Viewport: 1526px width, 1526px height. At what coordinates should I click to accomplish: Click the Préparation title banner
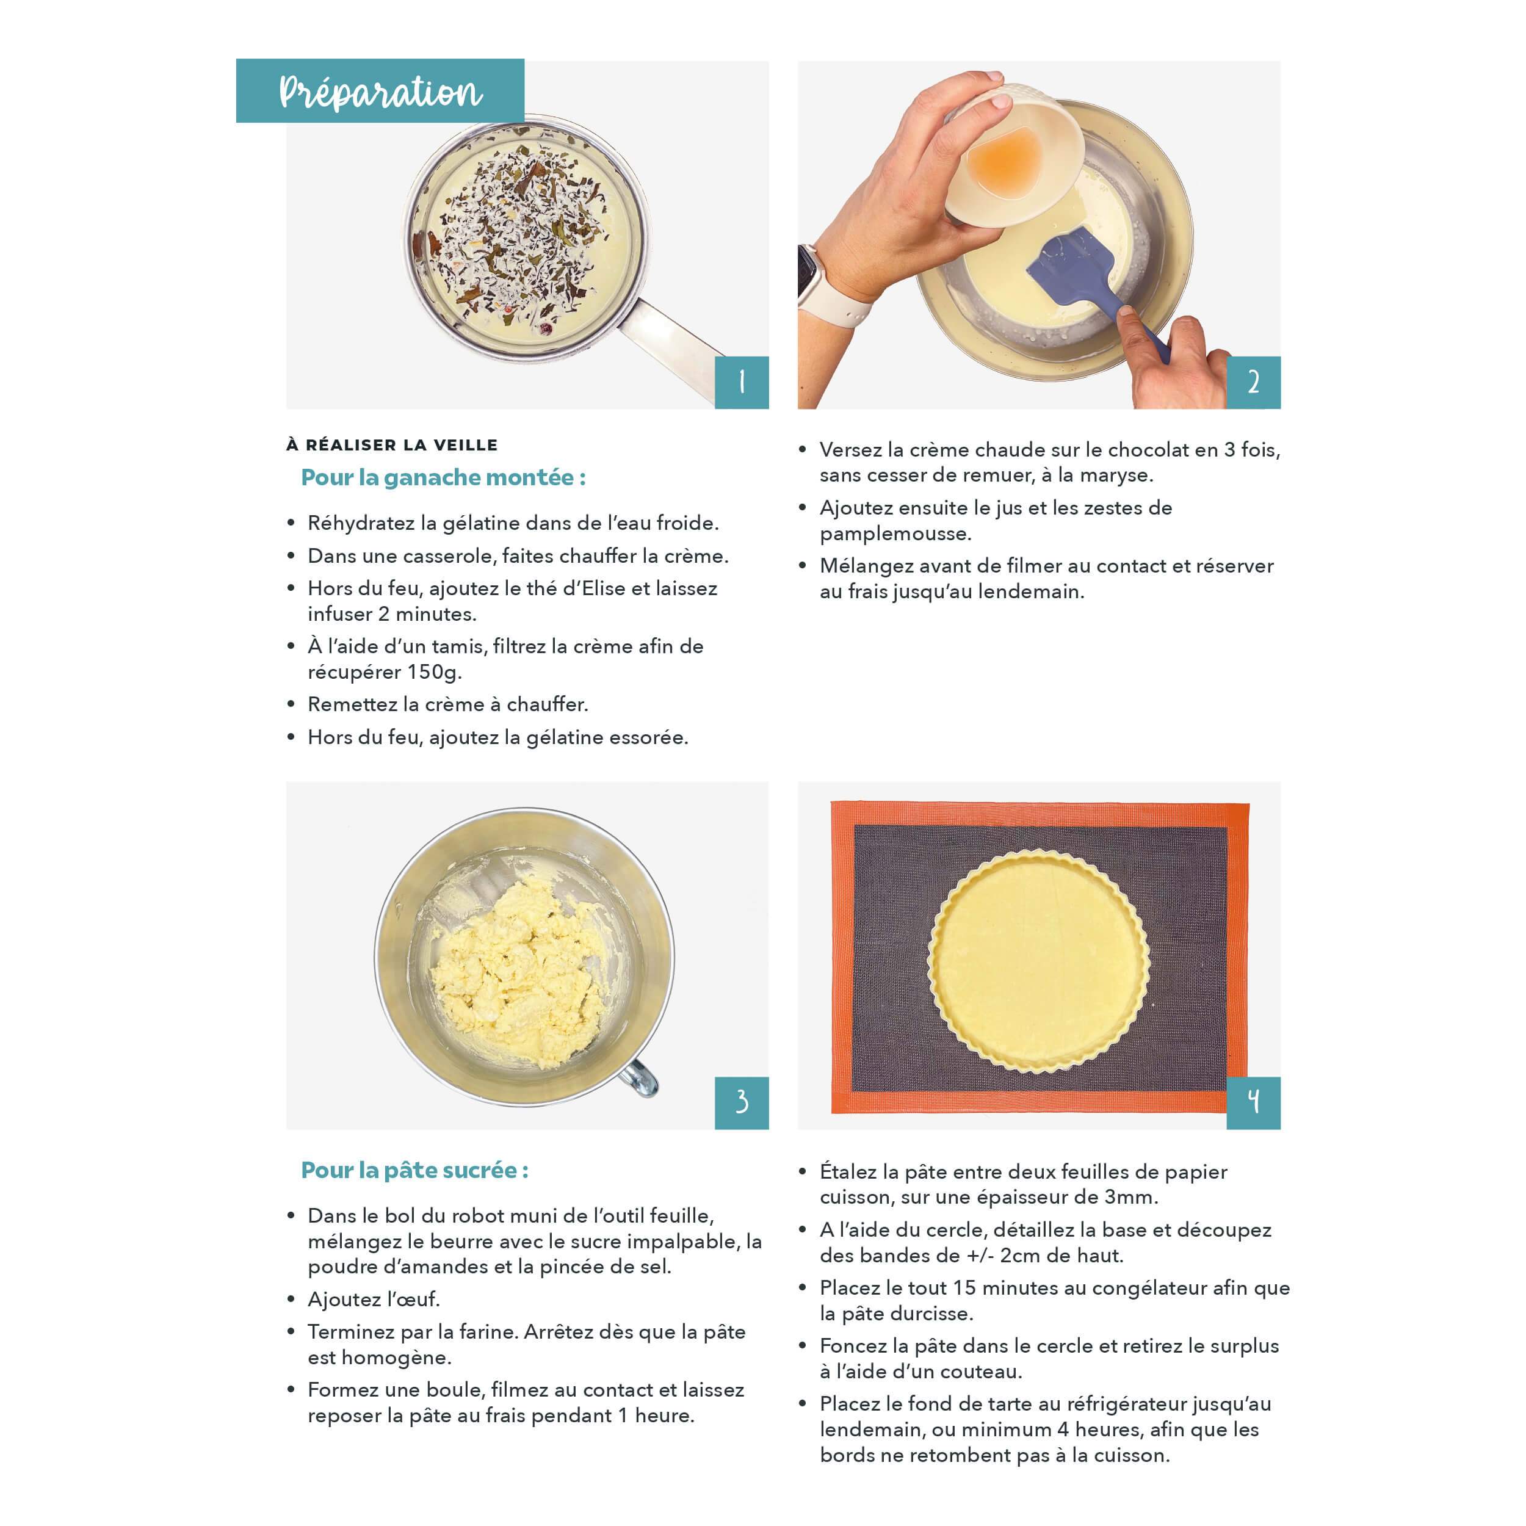coord(380,90)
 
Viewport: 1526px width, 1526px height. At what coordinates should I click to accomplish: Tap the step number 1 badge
coord(742,382)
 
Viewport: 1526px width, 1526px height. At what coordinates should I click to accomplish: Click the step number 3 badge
coord(742,1102)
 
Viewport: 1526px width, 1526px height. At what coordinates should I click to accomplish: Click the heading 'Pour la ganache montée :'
coord(443,477)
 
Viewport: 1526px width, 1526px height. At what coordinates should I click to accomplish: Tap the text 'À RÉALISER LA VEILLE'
coord(392,445)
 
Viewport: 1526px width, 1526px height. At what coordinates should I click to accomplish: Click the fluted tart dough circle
coord(1039,961)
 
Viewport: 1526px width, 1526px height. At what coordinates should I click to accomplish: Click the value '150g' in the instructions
coord(435,672)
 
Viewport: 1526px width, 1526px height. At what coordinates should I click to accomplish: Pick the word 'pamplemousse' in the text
coord(895,534)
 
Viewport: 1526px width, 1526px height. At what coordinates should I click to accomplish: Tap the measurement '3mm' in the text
coord(1131,1198)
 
